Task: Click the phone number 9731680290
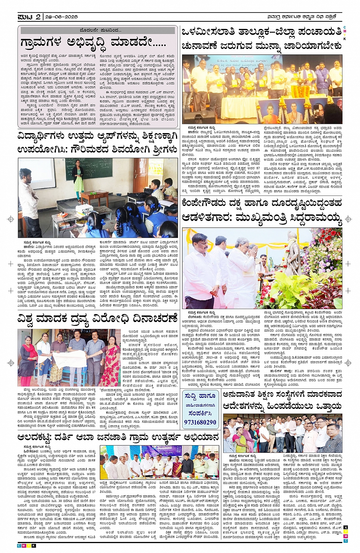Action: click(200, 422)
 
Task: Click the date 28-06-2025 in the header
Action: click(61, 17)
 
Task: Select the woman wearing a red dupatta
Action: click(29, 362)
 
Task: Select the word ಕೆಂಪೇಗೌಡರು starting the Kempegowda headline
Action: click(205, 203)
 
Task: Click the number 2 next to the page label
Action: click(38, 17)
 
